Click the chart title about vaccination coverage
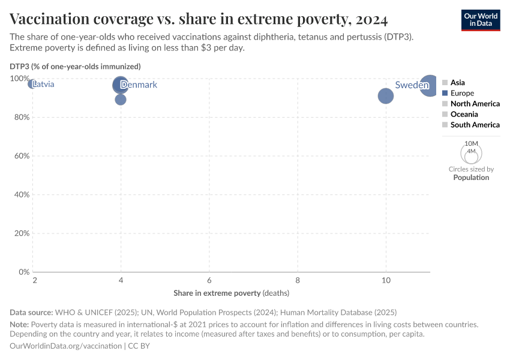point(198,19)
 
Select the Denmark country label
point(139,85)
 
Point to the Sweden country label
point(412,85)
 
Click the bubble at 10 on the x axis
point(386,96)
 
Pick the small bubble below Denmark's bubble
point(121,100)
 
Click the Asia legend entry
point(457,83)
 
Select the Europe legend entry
point(462,93)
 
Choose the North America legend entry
point(475,104)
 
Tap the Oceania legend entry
point(464,114)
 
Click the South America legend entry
point(475,125)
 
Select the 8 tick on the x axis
point(298,281)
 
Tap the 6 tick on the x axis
point(209,281)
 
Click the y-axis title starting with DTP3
point(75,66)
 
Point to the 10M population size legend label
point(472,144)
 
